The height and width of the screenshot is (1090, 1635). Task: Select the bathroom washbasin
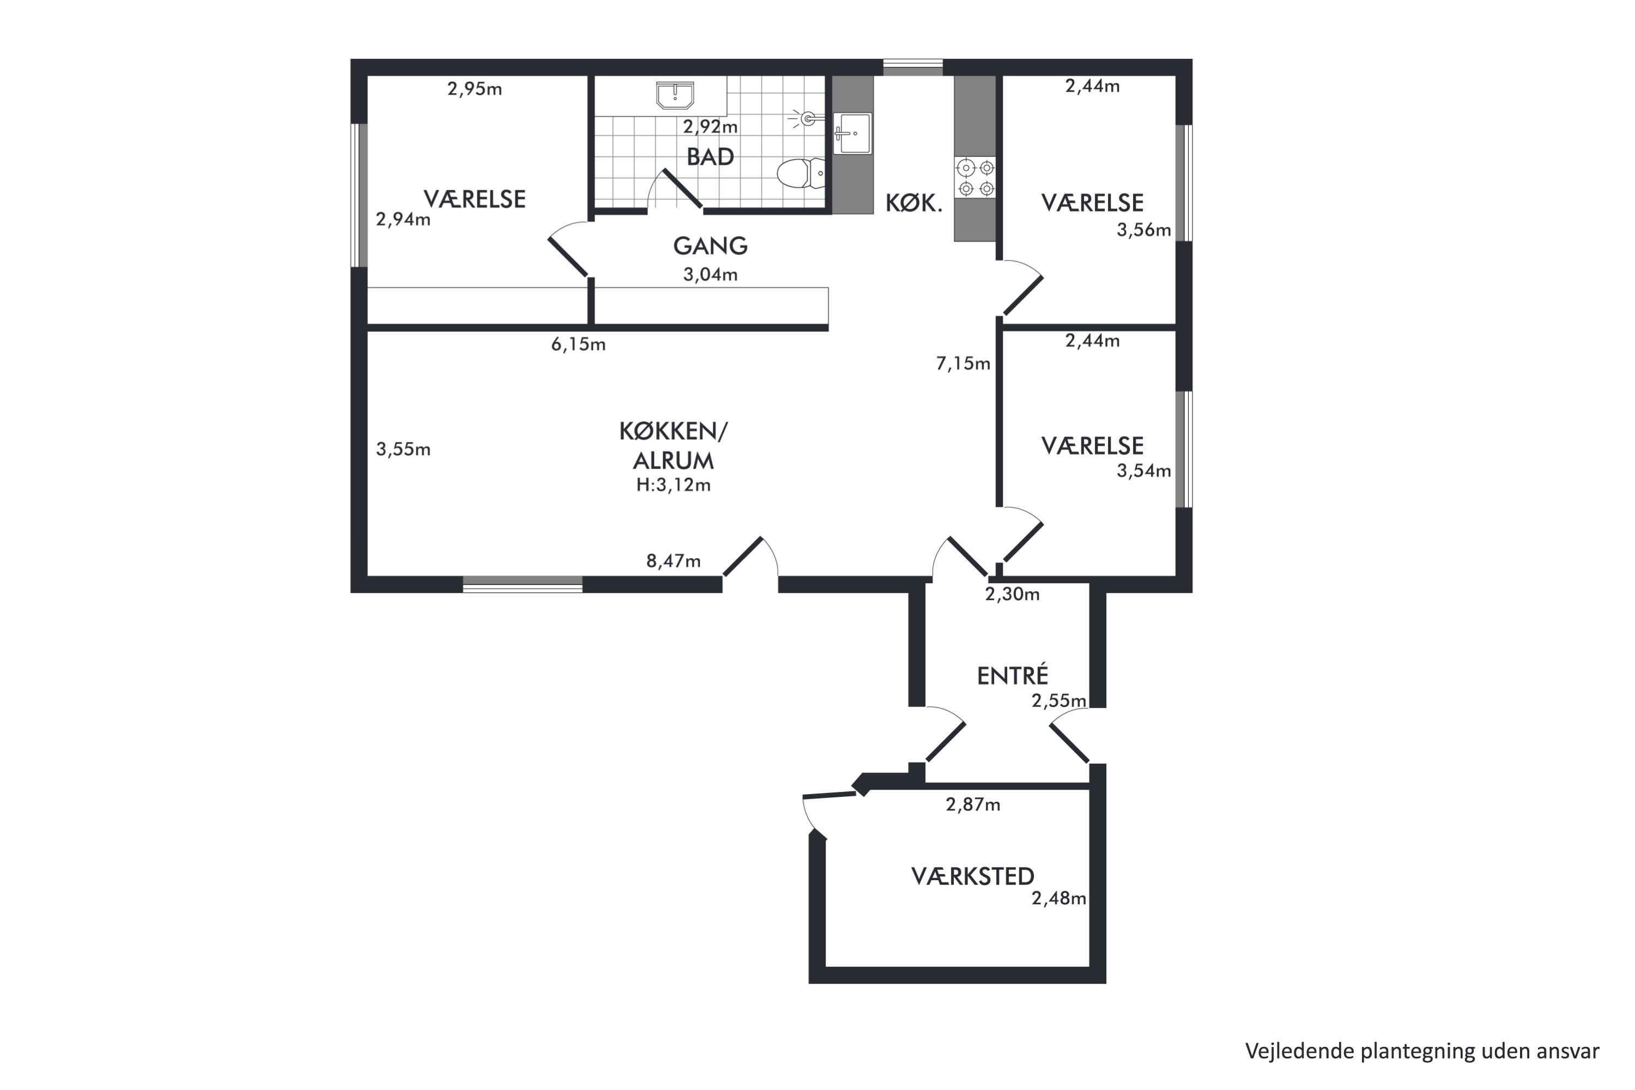[675, 96]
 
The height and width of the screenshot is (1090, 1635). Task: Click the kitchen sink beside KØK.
[852, 133]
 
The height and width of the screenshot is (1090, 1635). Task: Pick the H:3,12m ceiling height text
[673, 485]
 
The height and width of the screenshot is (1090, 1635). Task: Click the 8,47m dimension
[673, 560]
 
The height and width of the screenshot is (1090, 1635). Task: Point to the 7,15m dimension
[963, 363]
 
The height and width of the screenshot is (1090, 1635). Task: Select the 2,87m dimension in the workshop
[972, 804]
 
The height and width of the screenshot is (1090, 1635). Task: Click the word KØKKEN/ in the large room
[673, 431]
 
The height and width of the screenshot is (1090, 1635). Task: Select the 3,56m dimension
[1143, 229]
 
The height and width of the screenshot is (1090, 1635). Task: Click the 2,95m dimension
[474, 89]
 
